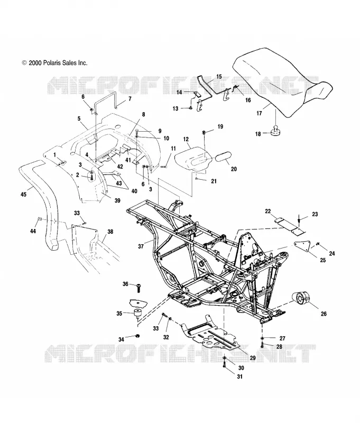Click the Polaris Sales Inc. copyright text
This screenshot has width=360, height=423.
click(x=55, y=63)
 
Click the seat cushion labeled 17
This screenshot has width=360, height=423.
click(x=282, y=81)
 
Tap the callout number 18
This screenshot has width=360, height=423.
click(x=258, y=134)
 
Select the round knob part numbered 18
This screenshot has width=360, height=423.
click(x=275, y=131)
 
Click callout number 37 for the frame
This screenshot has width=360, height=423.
click(x=141, y=246)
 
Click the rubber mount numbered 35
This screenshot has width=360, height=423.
click(x=138, y=314)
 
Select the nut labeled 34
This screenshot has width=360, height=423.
click(x=137, y=336)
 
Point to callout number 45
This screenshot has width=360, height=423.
click(x=23, y=194)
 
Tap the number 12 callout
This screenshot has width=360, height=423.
click(x=186, y=139)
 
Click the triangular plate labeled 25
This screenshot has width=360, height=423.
click(x=302, y=246)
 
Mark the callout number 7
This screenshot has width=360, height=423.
click(x=130, y=99)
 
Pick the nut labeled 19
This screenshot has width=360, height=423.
click(x=204, y=132)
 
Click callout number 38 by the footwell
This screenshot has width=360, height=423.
click(x=110, y=232)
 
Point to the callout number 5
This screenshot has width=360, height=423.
click(x=79, y=118)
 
